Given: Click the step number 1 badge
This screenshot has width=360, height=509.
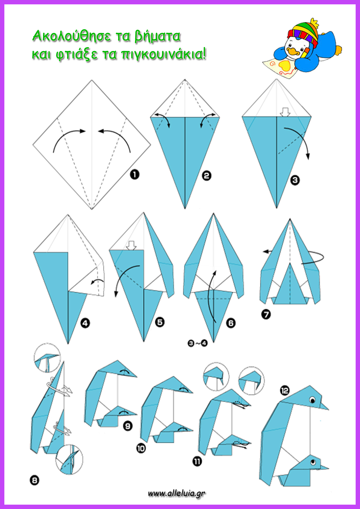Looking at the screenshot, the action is (135, 174).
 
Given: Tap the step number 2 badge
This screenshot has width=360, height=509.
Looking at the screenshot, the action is (206, 176).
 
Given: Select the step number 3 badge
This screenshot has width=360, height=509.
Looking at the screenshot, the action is (295, 180).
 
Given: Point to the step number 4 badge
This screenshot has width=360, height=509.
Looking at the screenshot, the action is (85, 323).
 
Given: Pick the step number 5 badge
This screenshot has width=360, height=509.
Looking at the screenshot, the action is (160, 322).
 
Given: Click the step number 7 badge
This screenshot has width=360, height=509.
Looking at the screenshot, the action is (266, 314).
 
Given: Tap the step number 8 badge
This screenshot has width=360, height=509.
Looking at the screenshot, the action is (35, 480).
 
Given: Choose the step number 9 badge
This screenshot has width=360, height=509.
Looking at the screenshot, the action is (128, 426).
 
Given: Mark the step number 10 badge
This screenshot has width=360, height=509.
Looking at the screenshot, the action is (141, 448).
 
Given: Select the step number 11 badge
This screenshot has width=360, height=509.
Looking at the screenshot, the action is (197, 461).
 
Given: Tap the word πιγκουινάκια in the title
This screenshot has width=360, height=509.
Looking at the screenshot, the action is (163, 54).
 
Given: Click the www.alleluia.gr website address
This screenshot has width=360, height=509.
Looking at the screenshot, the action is (177, 493).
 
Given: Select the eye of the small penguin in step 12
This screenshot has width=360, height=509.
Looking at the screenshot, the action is (313, 461).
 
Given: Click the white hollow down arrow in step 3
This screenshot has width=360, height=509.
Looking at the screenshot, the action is (286, 112).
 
